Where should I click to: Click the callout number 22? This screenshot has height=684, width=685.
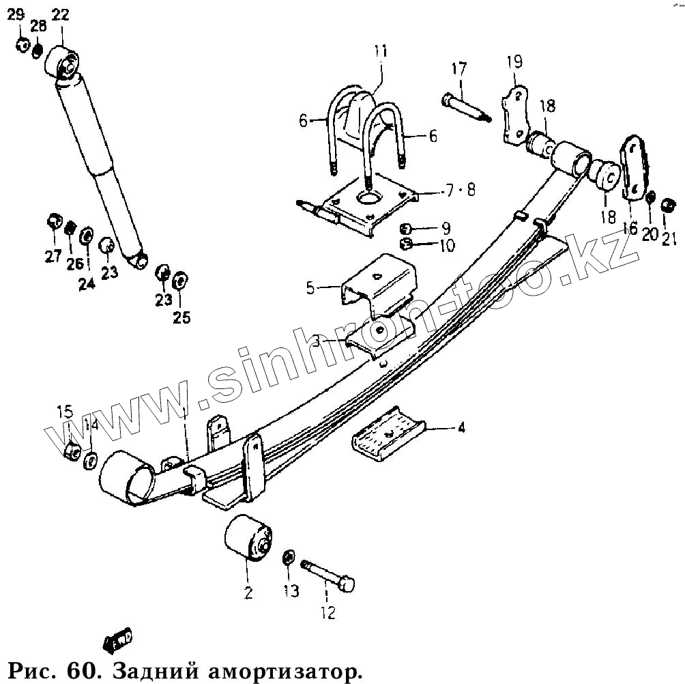click(60, 14)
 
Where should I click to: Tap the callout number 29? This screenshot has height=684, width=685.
click(14, 14)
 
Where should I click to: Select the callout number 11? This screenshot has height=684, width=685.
click(380, 51)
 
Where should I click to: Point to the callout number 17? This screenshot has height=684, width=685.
click(458, 69)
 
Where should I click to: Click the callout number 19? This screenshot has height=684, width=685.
click(514, 63)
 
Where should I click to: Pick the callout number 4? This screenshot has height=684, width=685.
click(461, 428)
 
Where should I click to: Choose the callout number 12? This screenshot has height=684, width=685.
click(328, 613)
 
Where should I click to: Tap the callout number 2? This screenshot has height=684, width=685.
click(248, 592)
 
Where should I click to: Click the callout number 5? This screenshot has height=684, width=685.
click(310, 288)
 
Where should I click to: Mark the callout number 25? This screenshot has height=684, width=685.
click(181, 317)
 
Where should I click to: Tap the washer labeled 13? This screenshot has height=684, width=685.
click(289, 559)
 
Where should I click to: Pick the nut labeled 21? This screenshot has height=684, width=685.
click(669, 205)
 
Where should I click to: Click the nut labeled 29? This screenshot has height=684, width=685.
click(23, 45)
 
